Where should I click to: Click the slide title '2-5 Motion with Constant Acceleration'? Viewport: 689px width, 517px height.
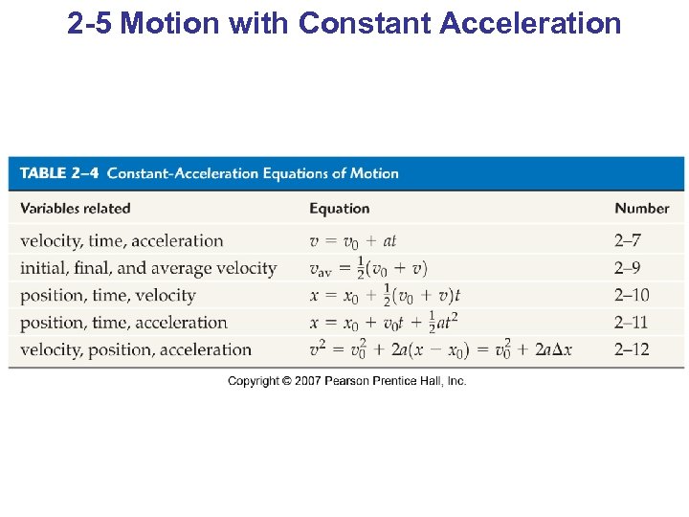344,23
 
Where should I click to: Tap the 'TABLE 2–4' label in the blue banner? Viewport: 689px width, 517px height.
60,173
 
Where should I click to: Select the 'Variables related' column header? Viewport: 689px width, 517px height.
75,208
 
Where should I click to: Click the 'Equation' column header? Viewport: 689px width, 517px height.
339,208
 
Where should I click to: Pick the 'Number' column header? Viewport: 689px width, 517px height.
641,208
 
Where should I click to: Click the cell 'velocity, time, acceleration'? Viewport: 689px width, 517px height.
122,241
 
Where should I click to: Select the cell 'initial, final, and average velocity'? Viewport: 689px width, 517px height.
148,268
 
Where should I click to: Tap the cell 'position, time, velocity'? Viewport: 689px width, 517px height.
107,295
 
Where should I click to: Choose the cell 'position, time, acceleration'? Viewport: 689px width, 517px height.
123,323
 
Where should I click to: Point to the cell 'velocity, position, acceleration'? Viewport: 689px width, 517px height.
136,349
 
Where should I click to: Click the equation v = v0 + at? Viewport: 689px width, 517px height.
352,241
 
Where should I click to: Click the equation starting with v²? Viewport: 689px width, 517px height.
440,349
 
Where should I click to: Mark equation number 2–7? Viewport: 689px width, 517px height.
628,241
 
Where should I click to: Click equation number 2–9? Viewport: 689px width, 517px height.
628,268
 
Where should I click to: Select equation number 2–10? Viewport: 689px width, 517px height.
632,295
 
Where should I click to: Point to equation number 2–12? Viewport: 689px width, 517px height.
632,349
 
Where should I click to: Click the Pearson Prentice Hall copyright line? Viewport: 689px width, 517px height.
346,381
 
